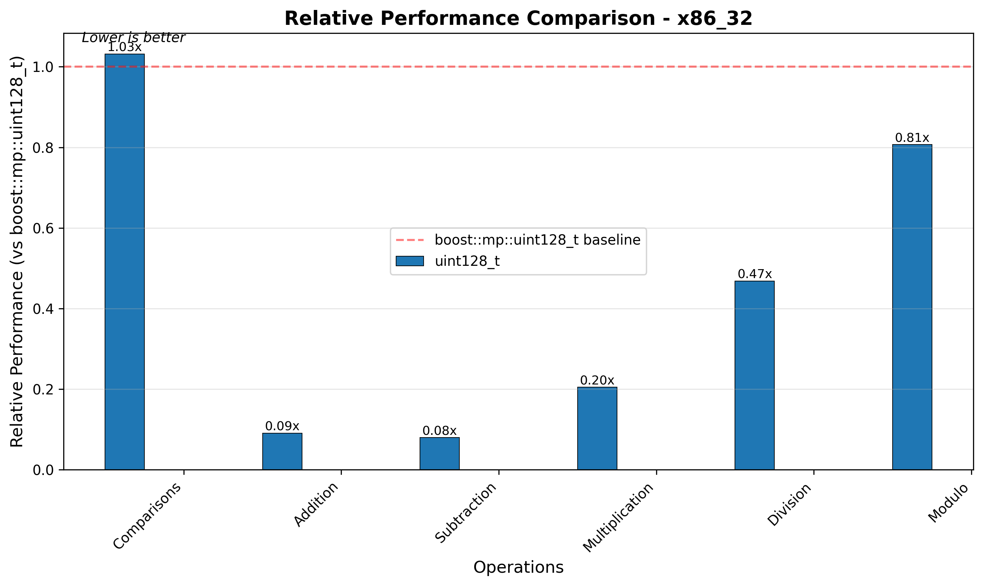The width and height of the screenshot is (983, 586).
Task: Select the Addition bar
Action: [283, 451]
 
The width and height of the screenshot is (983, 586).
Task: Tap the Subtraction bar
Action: [440, 453]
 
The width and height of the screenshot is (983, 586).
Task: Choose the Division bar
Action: [754, 375]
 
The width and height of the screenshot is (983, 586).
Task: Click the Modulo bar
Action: [912, 307]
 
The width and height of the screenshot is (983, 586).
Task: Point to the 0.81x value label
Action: [912, 138]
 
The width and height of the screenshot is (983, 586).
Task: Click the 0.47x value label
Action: [754, 274]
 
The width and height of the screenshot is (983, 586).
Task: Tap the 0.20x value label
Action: [597, 380]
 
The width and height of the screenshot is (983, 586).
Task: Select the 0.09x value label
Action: [283, 426]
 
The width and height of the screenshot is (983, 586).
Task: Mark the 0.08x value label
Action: [440, 431]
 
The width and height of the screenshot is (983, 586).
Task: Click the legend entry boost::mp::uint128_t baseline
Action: [537, 240]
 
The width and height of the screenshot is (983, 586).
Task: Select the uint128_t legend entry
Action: [467, 261]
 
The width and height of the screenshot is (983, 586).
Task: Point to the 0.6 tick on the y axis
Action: [43, 229]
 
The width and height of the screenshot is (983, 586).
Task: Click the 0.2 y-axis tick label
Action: [43, 390]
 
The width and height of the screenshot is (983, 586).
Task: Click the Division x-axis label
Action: [789, 505]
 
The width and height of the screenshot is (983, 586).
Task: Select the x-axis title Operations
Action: [518, 567]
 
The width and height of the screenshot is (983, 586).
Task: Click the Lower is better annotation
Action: [133, 37]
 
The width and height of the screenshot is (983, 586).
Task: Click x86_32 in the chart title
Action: [715, 19]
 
